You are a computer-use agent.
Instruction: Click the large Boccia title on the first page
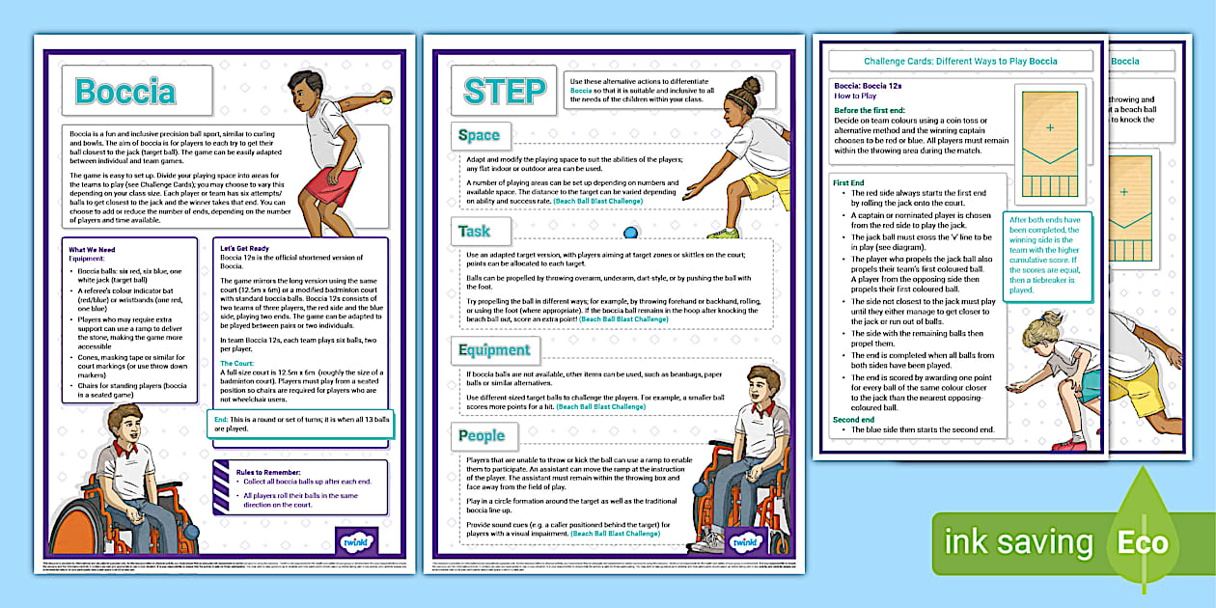[x=125, y=92]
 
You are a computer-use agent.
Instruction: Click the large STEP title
[x=504, y=91]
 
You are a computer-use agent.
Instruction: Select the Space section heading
[x=479, y=136]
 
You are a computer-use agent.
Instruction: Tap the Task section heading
[x=475, y=232]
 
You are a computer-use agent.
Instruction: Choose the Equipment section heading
[x=494, y=349]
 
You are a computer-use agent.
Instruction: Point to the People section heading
[x=482, y=436]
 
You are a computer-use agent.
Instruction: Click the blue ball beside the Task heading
[x=630, y=232]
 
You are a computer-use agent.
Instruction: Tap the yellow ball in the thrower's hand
[x=387, y=97]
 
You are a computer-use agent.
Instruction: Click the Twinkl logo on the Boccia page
[x=356, y=541]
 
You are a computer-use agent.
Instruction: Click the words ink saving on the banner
[x=1018, y=542]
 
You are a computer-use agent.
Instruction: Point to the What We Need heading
[x=94, y=250]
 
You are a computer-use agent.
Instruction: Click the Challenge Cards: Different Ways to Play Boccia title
[x=960, y=61]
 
